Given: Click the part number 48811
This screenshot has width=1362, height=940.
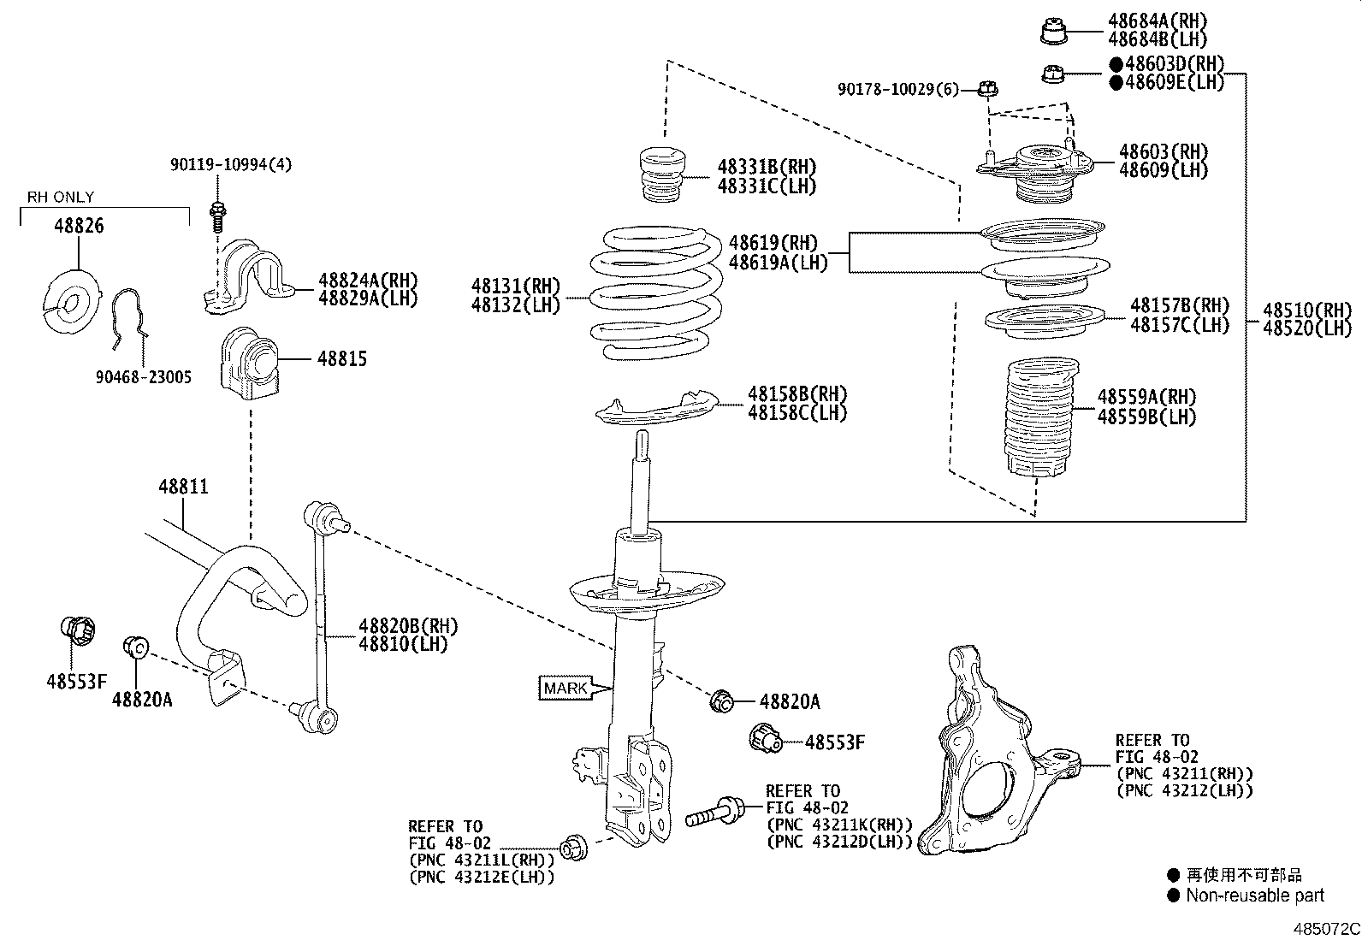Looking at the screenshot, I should (183, 487).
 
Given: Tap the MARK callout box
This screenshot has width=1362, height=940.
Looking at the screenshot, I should (566, 688).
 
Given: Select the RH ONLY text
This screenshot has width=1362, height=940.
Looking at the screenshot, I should (61, 197).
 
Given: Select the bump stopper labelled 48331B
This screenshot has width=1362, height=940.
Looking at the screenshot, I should (664, 176).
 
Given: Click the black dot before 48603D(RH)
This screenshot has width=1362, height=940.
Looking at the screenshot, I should (1116, 64).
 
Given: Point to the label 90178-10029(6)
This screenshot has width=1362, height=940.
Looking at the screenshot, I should (898, 89).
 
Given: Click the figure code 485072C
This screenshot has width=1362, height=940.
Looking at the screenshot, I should (1325, 928).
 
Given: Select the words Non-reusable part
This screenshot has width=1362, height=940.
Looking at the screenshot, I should (1254, 896).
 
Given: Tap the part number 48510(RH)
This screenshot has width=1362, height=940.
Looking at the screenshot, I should (1307, 310).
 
